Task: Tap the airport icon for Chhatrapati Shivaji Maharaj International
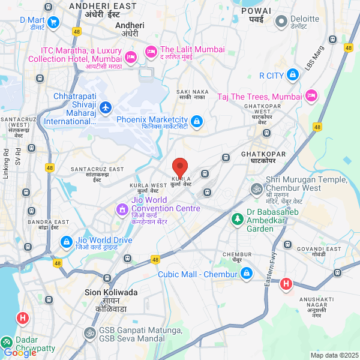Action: coord(106,107)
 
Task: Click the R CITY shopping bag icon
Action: coord(292,75)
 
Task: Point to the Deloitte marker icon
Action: coord(281,22)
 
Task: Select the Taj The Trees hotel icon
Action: coord(311,96)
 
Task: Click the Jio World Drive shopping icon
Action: coord(66,242)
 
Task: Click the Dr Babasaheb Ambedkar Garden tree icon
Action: coord(238,220)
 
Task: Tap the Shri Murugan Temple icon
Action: coord(256,189)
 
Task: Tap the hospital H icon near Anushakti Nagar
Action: coord(286,283)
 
